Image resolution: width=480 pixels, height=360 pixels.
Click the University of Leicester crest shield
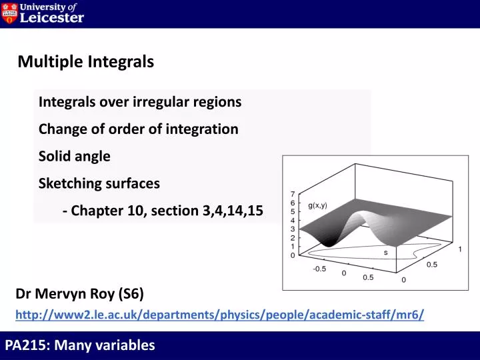(9, 13)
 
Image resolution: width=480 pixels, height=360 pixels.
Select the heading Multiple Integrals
(85, 62)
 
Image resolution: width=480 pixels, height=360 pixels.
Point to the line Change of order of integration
(138, 129)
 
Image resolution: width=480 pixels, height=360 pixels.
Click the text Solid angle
(74, 156)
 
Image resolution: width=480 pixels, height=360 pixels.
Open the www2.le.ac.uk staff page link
(219, 314)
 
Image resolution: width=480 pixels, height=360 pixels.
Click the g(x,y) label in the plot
(317, 206)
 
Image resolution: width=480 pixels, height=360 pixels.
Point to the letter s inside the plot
(385, 253)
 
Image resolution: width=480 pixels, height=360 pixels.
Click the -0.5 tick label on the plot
(320, 269)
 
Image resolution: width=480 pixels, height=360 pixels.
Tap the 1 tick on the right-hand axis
(459, 249)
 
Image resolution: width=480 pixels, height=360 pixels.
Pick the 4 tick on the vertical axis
(292, 220)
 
